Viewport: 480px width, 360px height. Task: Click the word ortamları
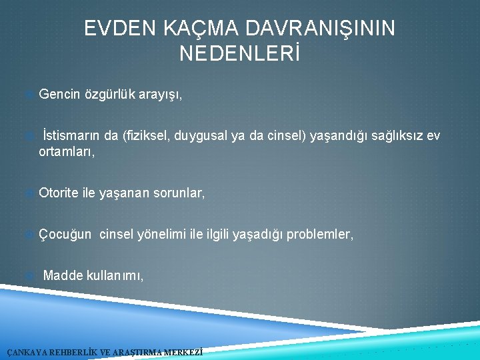coord(67,152)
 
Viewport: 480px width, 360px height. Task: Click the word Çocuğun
coord(65,234)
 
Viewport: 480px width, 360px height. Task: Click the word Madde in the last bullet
coord(63,275)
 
